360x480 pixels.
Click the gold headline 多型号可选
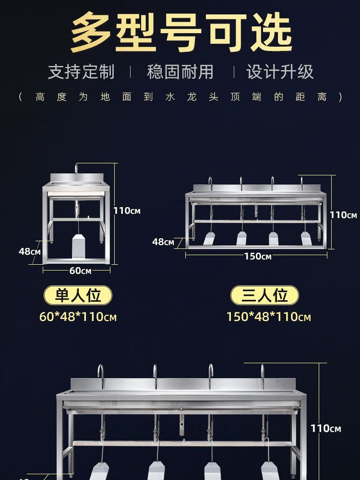181,32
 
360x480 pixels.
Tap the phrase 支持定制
81,72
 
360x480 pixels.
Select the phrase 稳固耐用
180,72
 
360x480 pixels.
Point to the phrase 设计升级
280,72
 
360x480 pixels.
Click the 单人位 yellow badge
78,295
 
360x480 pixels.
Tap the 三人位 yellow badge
264,295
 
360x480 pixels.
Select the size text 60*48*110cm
78,317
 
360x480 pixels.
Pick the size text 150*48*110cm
268,317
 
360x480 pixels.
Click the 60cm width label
80,271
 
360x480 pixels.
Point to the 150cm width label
258,256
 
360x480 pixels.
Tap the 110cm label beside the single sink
127,210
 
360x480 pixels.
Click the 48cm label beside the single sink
30,252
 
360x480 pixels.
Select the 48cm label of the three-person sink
163,242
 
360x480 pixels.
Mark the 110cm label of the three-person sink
343,215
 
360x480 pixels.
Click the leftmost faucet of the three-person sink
210,183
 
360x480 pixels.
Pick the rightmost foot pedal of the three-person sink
306,238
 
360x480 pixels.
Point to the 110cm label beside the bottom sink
326,428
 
